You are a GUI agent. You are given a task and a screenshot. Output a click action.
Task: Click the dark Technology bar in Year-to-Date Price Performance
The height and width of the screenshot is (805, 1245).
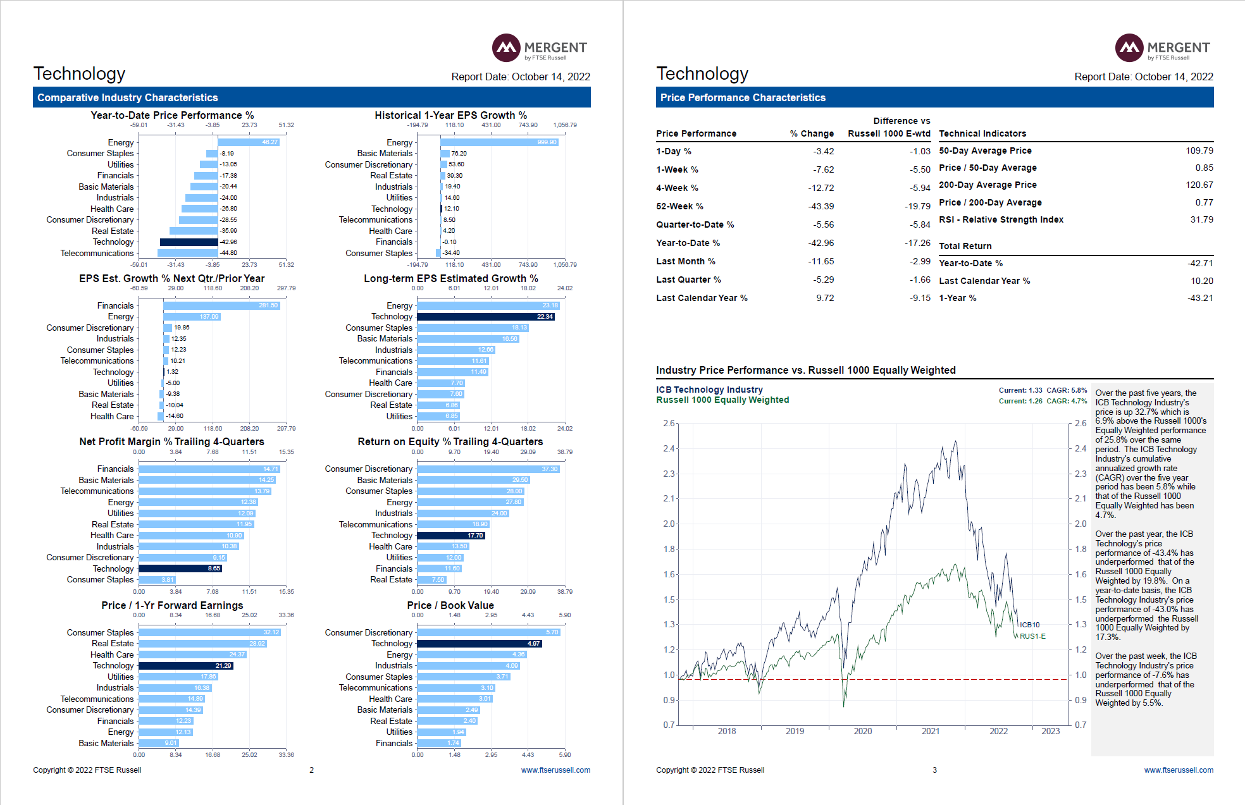pyautogui.click(x=189, y=242)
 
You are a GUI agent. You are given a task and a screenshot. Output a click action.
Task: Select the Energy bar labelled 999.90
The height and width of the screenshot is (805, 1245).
pyautogui.click(x=499, y=142)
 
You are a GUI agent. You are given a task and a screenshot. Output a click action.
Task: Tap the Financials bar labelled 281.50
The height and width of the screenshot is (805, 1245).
pyautogui.click(x=221, y=305)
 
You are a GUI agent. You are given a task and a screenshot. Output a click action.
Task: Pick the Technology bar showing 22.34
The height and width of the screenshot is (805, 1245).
pyautogui.click(x=485, y=317)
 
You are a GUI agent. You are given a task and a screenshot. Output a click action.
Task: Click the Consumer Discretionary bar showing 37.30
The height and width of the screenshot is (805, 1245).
pyautogui.click(x=488, y=469)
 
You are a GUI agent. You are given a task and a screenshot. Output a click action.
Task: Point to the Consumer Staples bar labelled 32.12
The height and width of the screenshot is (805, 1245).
pyautogui.click(x=209, y=632)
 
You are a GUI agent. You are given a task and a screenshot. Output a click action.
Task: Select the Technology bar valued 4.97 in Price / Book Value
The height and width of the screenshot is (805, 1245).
pyautogui.click(x=479, y=644)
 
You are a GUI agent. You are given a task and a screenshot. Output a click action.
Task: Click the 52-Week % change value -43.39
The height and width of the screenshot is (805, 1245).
pyautogui.click(x=821, y=206)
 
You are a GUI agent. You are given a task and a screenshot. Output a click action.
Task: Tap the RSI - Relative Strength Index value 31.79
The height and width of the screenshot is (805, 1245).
pyautogui.click(x=1201, y=219)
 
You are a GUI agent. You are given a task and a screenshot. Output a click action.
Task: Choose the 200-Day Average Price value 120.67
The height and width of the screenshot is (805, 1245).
pyautogui.click(x=1199, y=185)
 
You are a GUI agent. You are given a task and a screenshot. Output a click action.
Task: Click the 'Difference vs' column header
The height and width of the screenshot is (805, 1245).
pyautogui.click(x=901, y=121)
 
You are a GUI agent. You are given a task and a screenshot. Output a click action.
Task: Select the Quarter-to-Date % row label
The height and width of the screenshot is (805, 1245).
pyautogui.click(x=695, y=224)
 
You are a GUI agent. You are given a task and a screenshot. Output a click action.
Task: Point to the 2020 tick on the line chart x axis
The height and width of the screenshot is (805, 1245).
pyautogui.click(x=862, y=731)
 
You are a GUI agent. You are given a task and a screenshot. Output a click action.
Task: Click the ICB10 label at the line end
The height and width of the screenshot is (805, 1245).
pyautogui.click(x=1029, y=625)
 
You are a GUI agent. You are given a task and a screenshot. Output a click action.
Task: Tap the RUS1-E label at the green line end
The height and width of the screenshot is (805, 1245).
pyautogui.click(x=1032, y=636)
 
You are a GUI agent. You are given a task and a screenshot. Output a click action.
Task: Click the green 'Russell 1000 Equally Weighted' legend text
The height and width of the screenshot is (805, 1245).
pyautogui.click(x=722, y=400)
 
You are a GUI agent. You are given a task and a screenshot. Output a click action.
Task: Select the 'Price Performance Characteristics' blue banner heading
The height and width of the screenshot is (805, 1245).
pyautogui.click(x=743, y=97)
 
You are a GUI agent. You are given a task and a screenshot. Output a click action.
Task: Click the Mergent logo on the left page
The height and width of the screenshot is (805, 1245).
pyautogui.click(x=539, y=48)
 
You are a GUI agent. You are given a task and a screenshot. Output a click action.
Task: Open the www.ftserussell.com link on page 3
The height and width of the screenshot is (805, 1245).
pyautogui.click(x=1178, y=770)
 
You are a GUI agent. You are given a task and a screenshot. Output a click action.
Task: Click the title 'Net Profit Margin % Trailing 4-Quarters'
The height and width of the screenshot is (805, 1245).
pyautogui.click(x=171, y=441)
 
